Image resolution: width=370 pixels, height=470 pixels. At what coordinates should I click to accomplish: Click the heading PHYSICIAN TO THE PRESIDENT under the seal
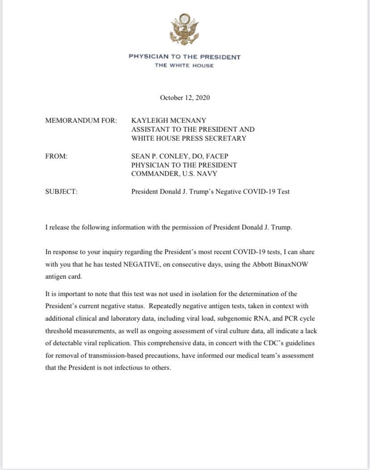pos(185,57)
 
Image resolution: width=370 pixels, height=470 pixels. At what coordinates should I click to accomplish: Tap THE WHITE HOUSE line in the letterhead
pos(184,66)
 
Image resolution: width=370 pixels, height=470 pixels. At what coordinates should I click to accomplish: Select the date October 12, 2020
pos(185,97)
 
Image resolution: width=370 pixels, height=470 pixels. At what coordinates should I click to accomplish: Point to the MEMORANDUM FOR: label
pos(81,121)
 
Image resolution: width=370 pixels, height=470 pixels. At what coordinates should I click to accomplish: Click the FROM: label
pos(57,156)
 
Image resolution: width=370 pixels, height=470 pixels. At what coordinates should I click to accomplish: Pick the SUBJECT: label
pos(62,192)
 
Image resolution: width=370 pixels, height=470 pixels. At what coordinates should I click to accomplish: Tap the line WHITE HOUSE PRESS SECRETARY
pos(189,138)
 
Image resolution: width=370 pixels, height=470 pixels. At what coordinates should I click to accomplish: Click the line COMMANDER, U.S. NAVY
pos(171,174)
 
